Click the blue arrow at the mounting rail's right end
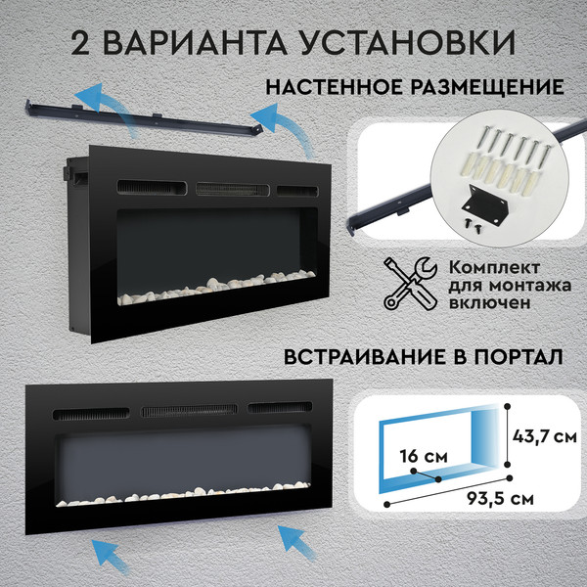point(290,128)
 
